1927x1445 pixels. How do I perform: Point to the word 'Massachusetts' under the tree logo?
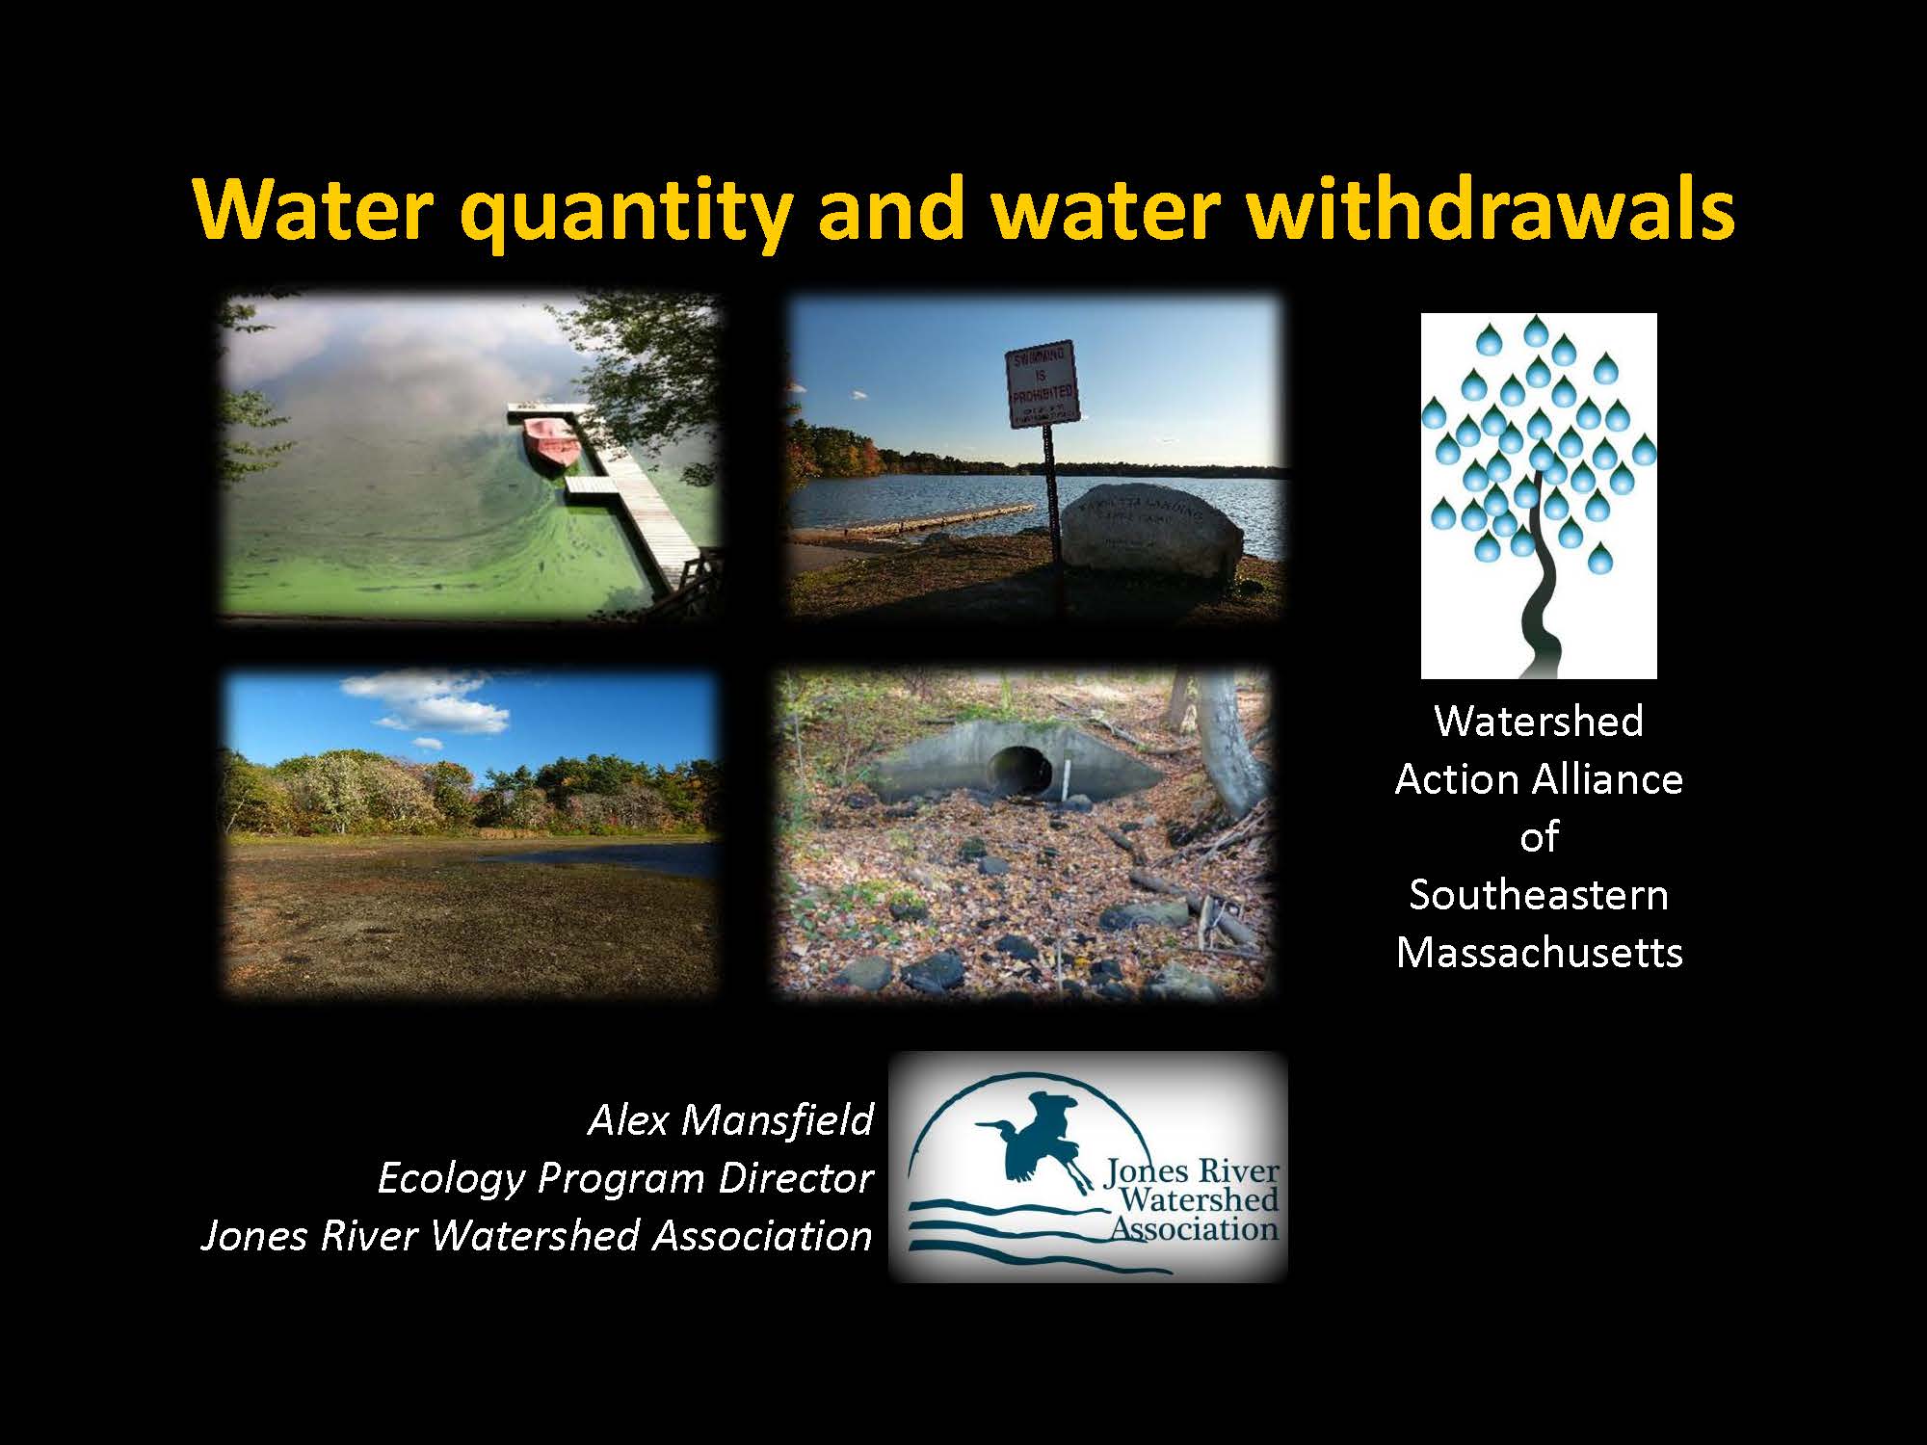click(1539, 952)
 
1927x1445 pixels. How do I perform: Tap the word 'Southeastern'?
click(1539, 895)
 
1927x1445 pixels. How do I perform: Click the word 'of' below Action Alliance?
click(1539, 837)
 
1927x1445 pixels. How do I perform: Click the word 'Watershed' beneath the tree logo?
click(1539, 721)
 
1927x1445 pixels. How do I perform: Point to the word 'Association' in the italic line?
click(761, 1236)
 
